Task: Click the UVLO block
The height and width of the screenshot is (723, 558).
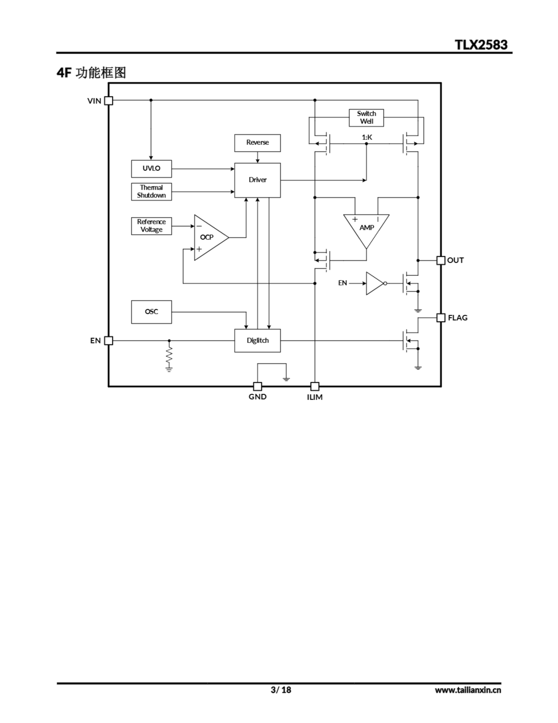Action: [151, 169]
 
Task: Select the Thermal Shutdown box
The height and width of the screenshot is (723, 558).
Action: [151, 191]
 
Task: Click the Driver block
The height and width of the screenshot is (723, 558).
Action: [257, 180]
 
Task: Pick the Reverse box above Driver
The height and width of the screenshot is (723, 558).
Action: [257, 143]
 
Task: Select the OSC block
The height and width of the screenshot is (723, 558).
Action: [151, 312]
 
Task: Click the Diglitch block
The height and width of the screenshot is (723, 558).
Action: [257, 340]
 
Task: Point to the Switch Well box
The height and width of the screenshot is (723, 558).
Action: [366, 117]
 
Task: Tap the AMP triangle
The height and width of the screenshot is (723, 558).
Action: [366, 228]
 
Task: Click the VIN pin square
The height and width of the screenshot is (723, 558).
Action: [109, 101]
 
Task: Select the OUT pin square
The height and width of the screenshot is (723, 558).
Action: [441, 260]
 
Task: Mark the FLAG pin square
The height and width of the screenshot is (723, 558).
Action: [441, 317]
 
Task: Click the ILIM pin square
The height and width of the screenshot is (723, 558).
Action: [315, 386]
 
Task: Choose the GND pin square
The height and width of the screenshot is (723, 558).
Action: [257, 386]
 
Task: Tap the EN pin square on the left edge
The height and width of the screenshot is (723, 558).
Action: [109, 340]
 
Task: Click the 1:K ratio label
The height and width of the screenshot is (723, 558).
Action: [367, 137]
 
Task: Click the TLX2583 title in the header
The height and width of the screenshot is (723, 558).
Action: [481, 45]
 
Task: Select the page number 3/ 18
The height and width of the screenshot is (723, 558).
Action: [281, 690]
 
